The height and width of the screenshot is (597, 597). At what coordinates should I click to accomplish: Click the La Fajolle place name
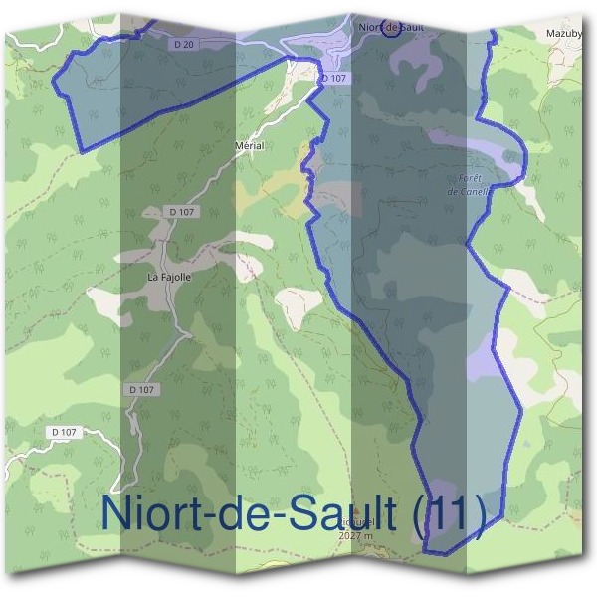(x=168, y=276)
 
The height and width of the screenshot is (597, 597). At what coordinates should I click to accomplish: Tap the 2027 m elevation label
(x=355, y=536)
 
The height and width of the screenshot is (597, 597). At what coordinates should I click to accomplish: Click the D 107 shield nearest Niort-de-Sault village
(x=333, y=78)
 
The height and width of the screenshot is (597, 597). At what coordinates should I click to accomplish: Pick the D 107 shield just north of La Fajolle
(x=180, y=212)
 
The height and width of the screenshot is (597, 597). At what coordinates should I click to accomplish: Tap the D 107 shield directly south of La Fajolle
(x=142, y=390)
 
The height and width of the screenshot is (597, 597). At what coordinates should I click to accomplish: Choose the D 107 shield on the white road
(x=63, y=432)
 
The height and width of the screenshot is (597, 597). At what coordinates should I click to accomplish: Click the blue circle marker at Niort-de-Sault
(x=391, y=27)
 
